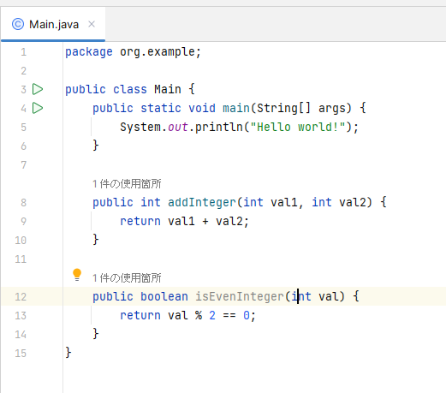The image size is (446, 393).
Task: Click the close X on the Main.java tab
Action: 92,24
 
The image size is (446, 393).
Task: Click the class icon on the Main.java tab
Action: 18,24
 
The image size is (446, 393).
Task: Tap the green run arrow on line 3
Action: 38,89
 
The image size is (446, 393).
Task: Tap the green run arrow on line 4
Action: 38,108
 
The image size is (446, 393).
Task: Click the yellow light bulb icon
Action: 77,275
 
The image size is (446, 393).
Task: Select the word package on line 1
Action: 89,52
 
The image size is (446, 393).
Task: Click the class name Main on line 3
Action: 168,89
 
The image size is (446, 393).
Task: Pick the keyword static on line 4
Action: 161,108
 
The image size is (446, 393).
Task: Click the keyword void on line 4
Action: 202,108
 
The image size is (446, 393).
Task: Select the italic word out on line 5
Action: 178,127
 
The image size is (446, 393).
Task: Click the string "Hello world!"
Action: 298,127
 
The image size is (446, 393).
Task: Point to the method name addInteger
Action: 202,202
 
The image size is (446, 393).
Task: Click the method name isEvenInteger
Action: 240,296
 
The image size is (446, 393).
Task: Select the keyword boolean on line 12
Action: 164,296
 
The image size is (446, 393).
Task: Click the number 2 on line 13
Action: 212,315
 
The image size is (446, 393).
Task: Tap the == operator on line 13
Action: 229,316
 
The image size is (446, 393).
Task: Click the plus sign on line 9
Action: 205,222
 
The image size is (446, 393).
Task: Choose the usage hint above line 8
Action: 127,184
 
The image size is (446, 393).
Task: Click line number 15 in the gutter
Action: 21,354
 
